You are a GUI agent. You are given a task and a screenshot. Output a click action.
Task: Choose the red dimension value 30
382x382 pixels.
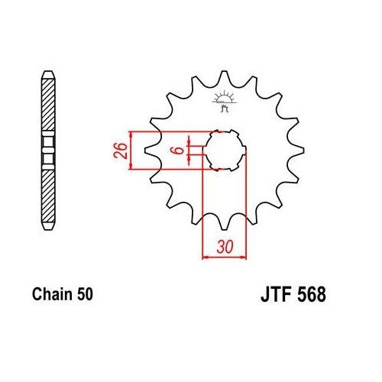[223, 248]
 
